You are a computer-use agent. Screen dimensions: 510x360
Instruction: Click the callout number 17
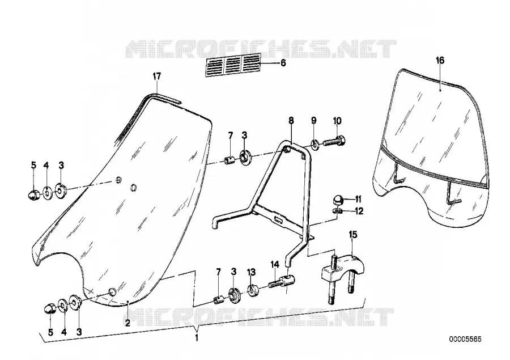[157, 77]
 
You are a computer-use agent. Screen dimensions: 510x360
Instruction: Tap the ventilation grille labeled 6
[233, 65]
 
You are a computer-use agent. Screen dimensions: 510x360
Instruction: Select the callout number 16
[440, 61]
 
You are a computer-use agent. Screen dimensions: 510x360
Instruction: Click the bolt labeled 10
[334, 141]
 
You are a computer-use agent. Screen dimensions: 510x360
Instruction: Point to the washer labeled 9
[314, 143]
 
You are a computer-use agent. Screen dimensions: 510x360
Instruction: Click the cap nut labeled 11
[338, 199]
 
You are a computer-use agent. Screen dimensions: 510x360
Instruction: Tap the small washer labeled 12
[338, 211]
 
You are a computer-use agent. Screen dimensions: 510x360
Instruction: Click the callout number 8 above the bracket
[291, 120]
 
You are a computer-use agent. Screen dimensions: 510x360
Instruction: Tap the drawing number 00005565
[465, 339]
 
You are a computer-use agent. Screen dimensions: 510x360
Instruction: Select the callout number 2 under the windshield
[127, 323]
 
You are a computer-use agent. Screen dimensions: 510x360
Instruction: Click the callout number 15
[353, 234]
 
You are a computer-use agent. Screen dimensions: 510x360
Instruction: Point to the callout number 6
[283, 63]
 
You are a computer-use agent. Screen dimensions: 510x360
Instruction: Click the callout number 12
[359, 211]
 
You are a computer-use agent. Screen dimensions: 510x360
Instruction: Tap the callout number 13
[251, 272]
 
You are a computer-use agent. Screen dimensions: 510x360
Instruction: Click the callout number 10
[337, 121]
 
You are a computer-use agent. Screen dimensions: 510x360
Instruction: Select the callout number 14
[275, 264]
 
